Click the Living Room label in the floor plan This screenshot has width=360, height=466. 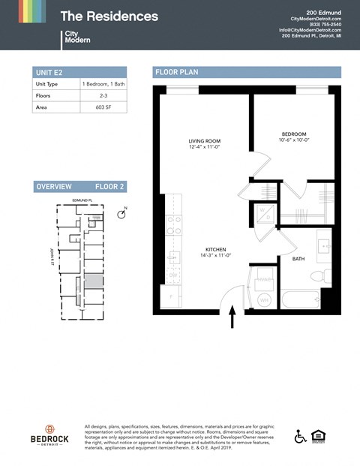pyautogui.click(x=203, y=144)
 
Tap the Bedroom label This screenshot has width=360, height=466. pyautogui.click(x=293, y=137)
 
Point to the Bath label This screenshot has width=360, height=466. pyautogui.click(x=298, y=259)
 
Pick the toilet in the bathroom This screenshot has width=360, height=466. pyautogui.click(x=323, y=276)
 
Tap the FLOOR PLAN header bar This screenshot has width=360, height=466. pyautogui.click(x=247, y=73)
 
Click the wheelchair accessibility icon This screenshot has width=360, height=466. pyautogui.click(x=300, y=437)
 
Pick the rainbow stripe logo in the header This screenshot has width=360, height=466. pyautogui.click(x=32, y=11)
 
